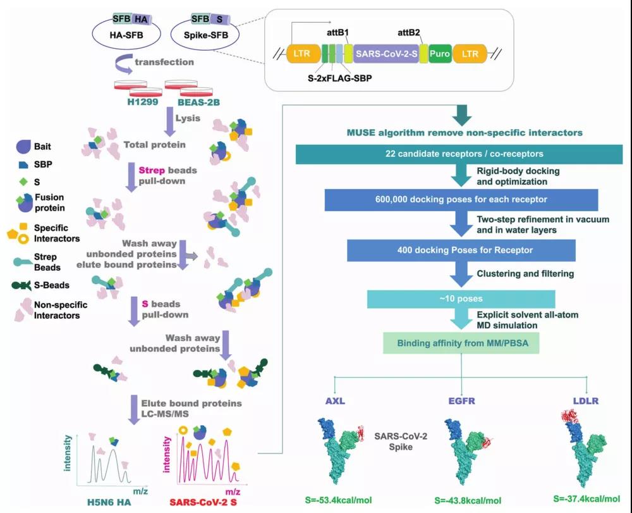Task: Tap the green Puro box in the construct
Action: [x=440, y=54]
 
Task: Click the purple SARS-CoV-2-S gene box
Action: [x=385, y=54]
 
